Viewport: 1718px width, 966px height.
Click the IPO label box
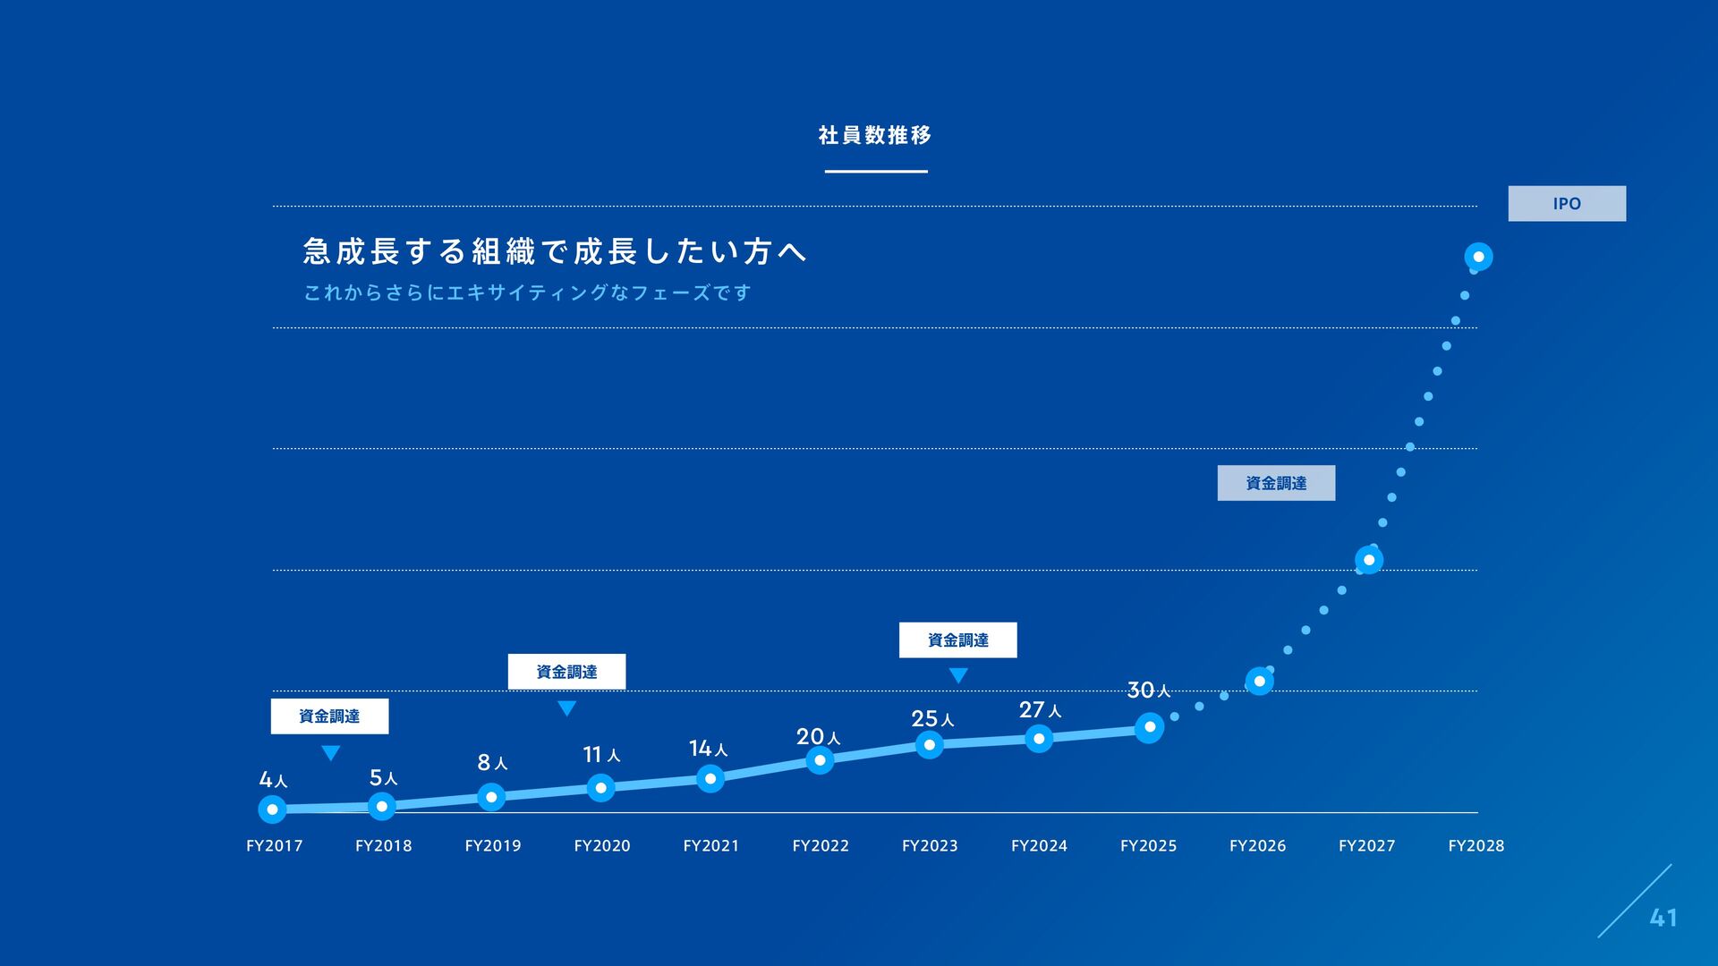coord(1567,204)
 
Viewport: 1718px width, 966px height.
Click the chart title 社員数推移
coord(875,135)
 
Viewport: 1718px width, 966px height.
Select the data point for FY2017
coord(272,809)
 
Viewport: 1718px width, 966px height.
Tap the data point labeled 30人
coord(1150,727)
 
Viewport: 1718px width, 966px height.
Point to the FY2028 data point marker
coord(1478,257)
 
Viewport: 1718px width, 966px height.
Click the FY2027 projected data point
coord(1369,560)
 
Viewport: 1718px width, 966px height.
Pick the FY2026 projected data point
coord(1259,682)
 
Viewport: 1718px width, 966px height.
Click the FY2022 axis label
coord(821,846)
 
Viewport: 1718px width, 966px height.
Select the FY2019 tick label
coord(493,846)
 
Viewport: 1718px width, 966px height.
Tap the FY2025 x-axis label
coord(1148,846)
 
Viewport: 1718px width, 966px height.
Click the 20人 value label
coord(818,737)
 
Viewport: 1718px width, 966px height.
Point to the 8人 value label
coord(492,763)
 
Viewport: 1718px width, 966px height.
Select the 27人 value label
coord(1040,710)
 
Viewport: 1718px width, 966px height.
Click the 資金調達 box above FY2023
coord(957,640)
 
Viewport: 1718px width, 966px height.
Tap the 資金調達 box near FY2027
coord(1276,483)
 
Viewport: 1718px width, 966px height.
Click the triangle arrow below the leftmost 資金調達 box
coord(330,752)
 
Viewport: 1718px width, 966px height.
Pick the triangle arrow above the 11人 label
coord(566,708)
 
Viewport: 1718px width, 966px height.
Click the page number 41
coord(1663,918)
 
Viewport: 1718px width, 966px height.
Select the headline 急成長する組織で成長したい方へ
coord(555,251)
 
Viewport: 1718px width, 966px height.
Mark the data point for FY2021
coord(710,778)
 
